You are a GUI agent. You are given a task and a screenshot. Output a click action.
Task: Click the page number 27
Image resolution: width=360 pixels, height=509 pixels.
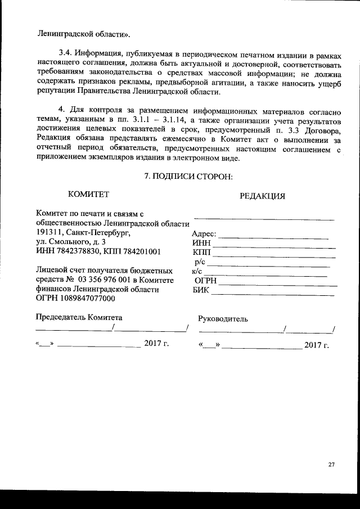click(331, 465)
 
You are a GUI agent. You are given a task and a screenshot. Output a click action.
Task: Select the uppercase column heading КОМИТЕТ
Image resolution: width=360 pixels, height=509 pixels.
click(88, 194)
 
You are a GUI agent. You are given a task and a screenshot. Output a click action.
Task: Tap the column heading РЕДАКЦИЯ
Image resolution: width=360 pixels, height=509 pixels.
click(262, 196)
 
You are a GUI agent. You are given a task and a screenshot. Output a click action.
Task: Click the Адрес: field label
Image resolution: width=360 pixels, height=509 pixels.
click(204, 234)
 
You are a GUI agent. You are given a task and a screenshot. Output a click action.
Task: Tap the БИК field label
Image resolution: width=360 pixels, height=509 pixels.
click(201, 290)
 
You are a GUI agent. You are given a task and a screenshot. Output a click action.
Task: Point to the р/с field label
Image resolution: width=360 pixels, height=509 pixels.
click(201, 262)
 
